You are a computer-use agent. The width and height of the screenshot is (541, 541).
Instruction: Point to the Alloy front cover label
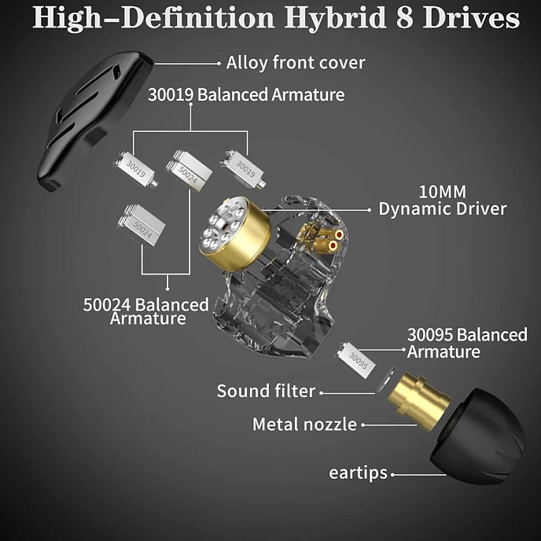click(296, 62)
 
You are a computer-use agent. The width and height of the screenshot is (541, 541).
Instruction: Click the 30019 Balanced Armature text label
click(246, 95)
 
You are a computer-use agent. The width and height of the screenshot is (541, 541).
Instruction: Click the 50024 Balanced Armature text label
click(146, 311)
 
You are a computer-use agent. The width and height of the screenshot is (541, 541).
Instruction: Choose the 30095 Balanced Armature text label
click(466, 343)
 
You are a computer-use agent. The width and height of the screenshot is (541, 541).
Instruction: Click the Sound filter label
click(266, 391)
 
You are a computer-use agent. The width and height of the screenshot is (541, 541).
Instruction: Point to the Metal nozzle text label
click(304, 425)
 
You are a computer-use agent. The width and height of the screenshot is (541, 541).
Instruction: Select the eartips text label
click(358, 473)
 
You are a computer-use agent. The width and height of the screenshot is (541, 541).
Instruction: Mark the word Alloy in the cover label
click(248, 62)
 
